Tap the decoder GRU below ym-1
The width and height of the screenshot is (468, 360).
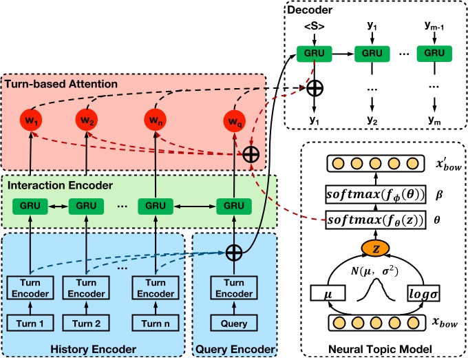point(434,52)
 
